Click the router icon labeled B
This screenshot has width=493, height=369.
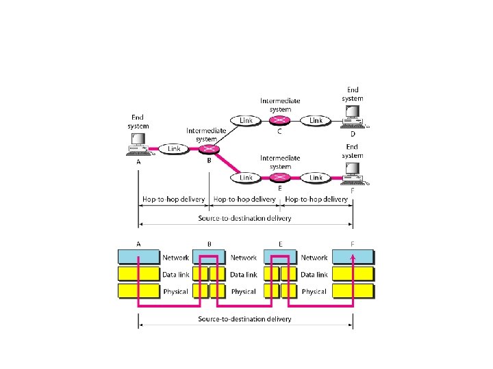(211, 149)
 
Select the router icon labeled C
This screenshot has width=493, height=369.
(279, 120)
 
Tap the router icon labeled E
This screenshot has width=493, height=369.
(279, 178)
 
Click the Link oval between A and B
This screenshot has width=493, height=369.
(174, 148)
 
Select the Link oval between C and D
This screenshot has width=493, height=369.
(316, 120)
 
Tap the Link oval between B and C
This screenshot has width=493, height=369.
(246, 120)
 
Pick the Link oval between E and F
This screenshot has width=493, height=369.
(316, 178)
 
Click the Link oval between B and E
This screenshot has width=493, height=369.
(246, 178)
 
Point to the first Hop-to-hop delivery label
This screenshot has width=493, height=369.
(173, 200)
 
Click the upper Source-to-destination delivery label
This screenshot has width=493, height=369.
(244, 219)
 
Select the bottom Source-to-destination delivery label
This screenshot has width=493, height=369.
(244, 319)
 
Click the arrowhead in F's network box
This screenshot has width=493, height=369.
(353, 255)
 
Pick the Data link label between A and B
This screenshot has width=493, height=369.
(175, 275)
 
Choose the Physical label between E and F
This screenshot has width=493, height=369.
(314, 292)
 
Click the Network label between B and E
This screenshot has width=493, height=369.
(243, 258)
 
